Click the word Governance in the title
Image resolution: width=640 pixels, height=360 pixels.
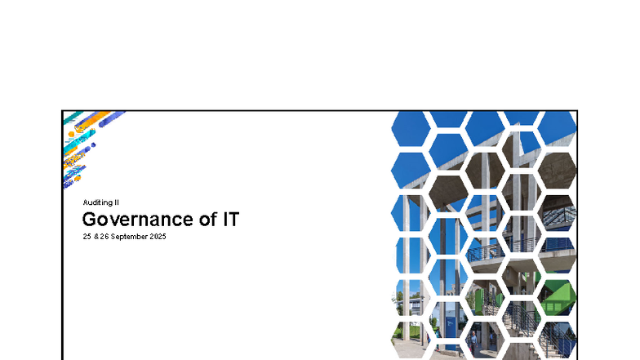[x=136, y=219]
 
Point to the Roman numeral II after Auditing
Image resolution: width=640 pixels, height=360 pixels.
[x=119, y=202]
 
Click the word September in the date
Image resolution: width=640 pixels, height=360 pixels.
[x=131, y=236]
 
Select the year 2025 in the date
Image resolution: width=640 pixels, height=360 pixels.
[x=158, y=236]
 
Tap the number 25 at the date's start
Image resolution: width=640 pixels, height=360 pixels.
[x=87, y=236]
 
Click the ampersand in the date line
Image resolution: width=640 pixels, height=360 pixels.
[x=97, y=236]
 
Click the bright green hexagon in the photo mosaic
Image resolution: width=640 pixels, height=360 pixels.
[x=558, y=296]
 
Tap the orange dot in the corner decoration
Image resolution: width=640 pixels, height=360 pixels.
[x=71, y=134]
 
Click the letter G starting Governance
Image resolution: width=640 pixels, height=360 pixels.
[x=90, y=219]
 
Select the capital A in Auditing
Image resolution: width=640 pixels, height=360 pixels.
[x=85, y=202]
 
